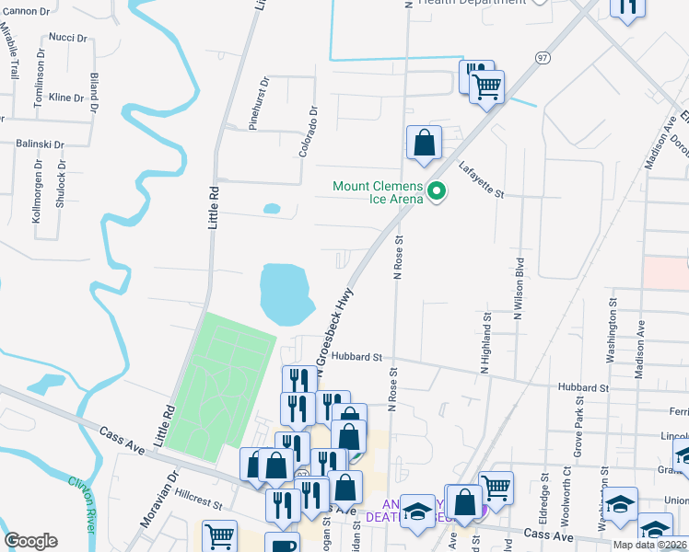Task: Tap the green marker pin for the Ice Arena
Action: click(x=438, y=192)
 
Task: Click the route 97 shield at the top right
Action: click(x=543, y=57)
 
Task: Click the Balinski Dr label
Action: click(x=40, y=144)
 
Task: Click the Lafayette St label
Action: click(x=482, y=179)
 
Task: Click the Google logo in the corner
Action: click(x=30, y=541)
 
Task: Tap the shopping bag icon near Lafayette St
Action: click(x=424, y=143)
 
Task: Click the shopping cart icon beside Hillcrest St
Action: click(x=220, y=535)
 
